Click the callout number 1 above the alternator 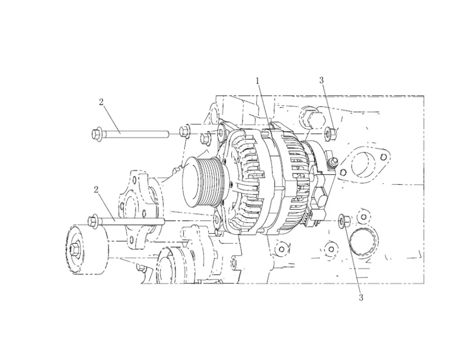(x=257, y=81)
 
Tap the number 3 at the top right (x=321, y=80)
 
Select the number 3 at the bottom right (x=361, y=298)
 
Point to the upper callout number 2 (x=101, y=102)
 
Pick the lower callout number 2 (x=96, y=190)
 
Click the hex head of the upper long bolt (x=97, y=134)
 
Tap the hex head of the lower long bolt (x=93, y=220)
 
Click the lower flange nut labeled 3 (x=343, y=221)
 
